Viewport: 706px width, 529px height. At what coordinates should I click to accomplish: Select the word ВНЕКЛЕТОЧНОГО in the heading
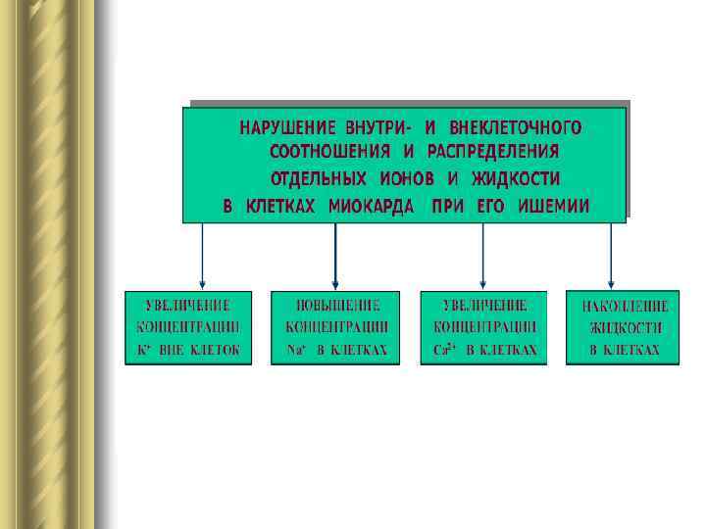(x=516, y=128)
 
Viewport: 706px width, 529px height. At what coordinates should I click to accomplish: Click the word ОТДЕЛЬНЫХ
(x=317, y=180)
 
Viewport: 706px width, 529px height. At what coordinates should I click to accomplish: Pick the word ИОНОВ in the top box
(x=408, y=180)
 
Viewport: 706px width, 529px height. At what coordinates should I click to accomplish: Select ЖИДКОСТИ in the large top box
(x=516, y=180)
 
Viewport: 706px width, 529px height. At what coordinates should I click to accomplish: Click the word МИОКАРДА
(x=369, y=207)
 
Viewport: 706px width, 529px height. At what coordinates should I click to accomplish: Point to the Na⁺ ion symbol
(x=292, y=350)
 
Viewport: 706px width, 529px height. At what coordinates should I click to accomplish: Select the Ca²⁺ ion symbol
(x=442, y=350)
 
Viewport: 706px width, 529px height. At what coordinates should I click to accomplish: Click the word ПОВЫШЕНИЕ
(x=335, y=305)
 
